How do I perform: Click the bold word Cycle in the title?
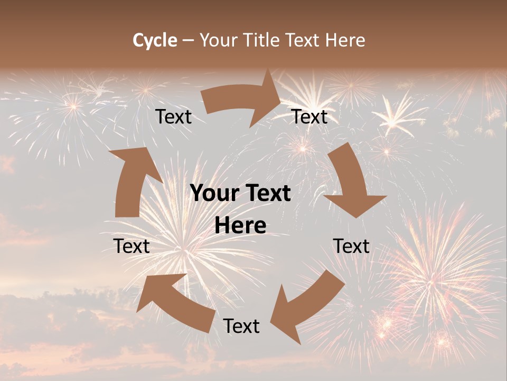pyautogui.click(x=155, y=40)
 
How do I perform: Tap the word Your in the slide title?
pyautogui.click(x=219, y=40)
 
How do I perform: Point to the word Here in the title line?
pyautogui.click(x=345, y=40)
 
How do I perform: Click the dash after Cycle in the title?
pyautogui.click(x=188, y=41)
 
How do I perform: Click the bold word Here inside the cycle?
pyautogui.click(x=240, y=226)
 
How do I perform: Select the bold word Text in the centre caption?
pyautogui.click(x=266, y=194)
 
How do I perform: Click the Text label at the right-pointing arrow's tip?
pyautogui.click(x=310, y=116)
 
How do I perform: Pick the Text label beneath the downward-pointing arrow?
pyautogui.click(x=352, y=246)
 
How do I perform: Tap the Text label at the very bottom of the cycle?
pyautogui.click(x=241, y=326)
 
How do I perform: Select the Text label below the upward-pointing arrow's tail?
pyautogui.click(x=132, y=246)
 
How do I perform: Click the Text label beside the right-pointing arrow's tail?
pyautogui.click(x=174, y=116)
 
